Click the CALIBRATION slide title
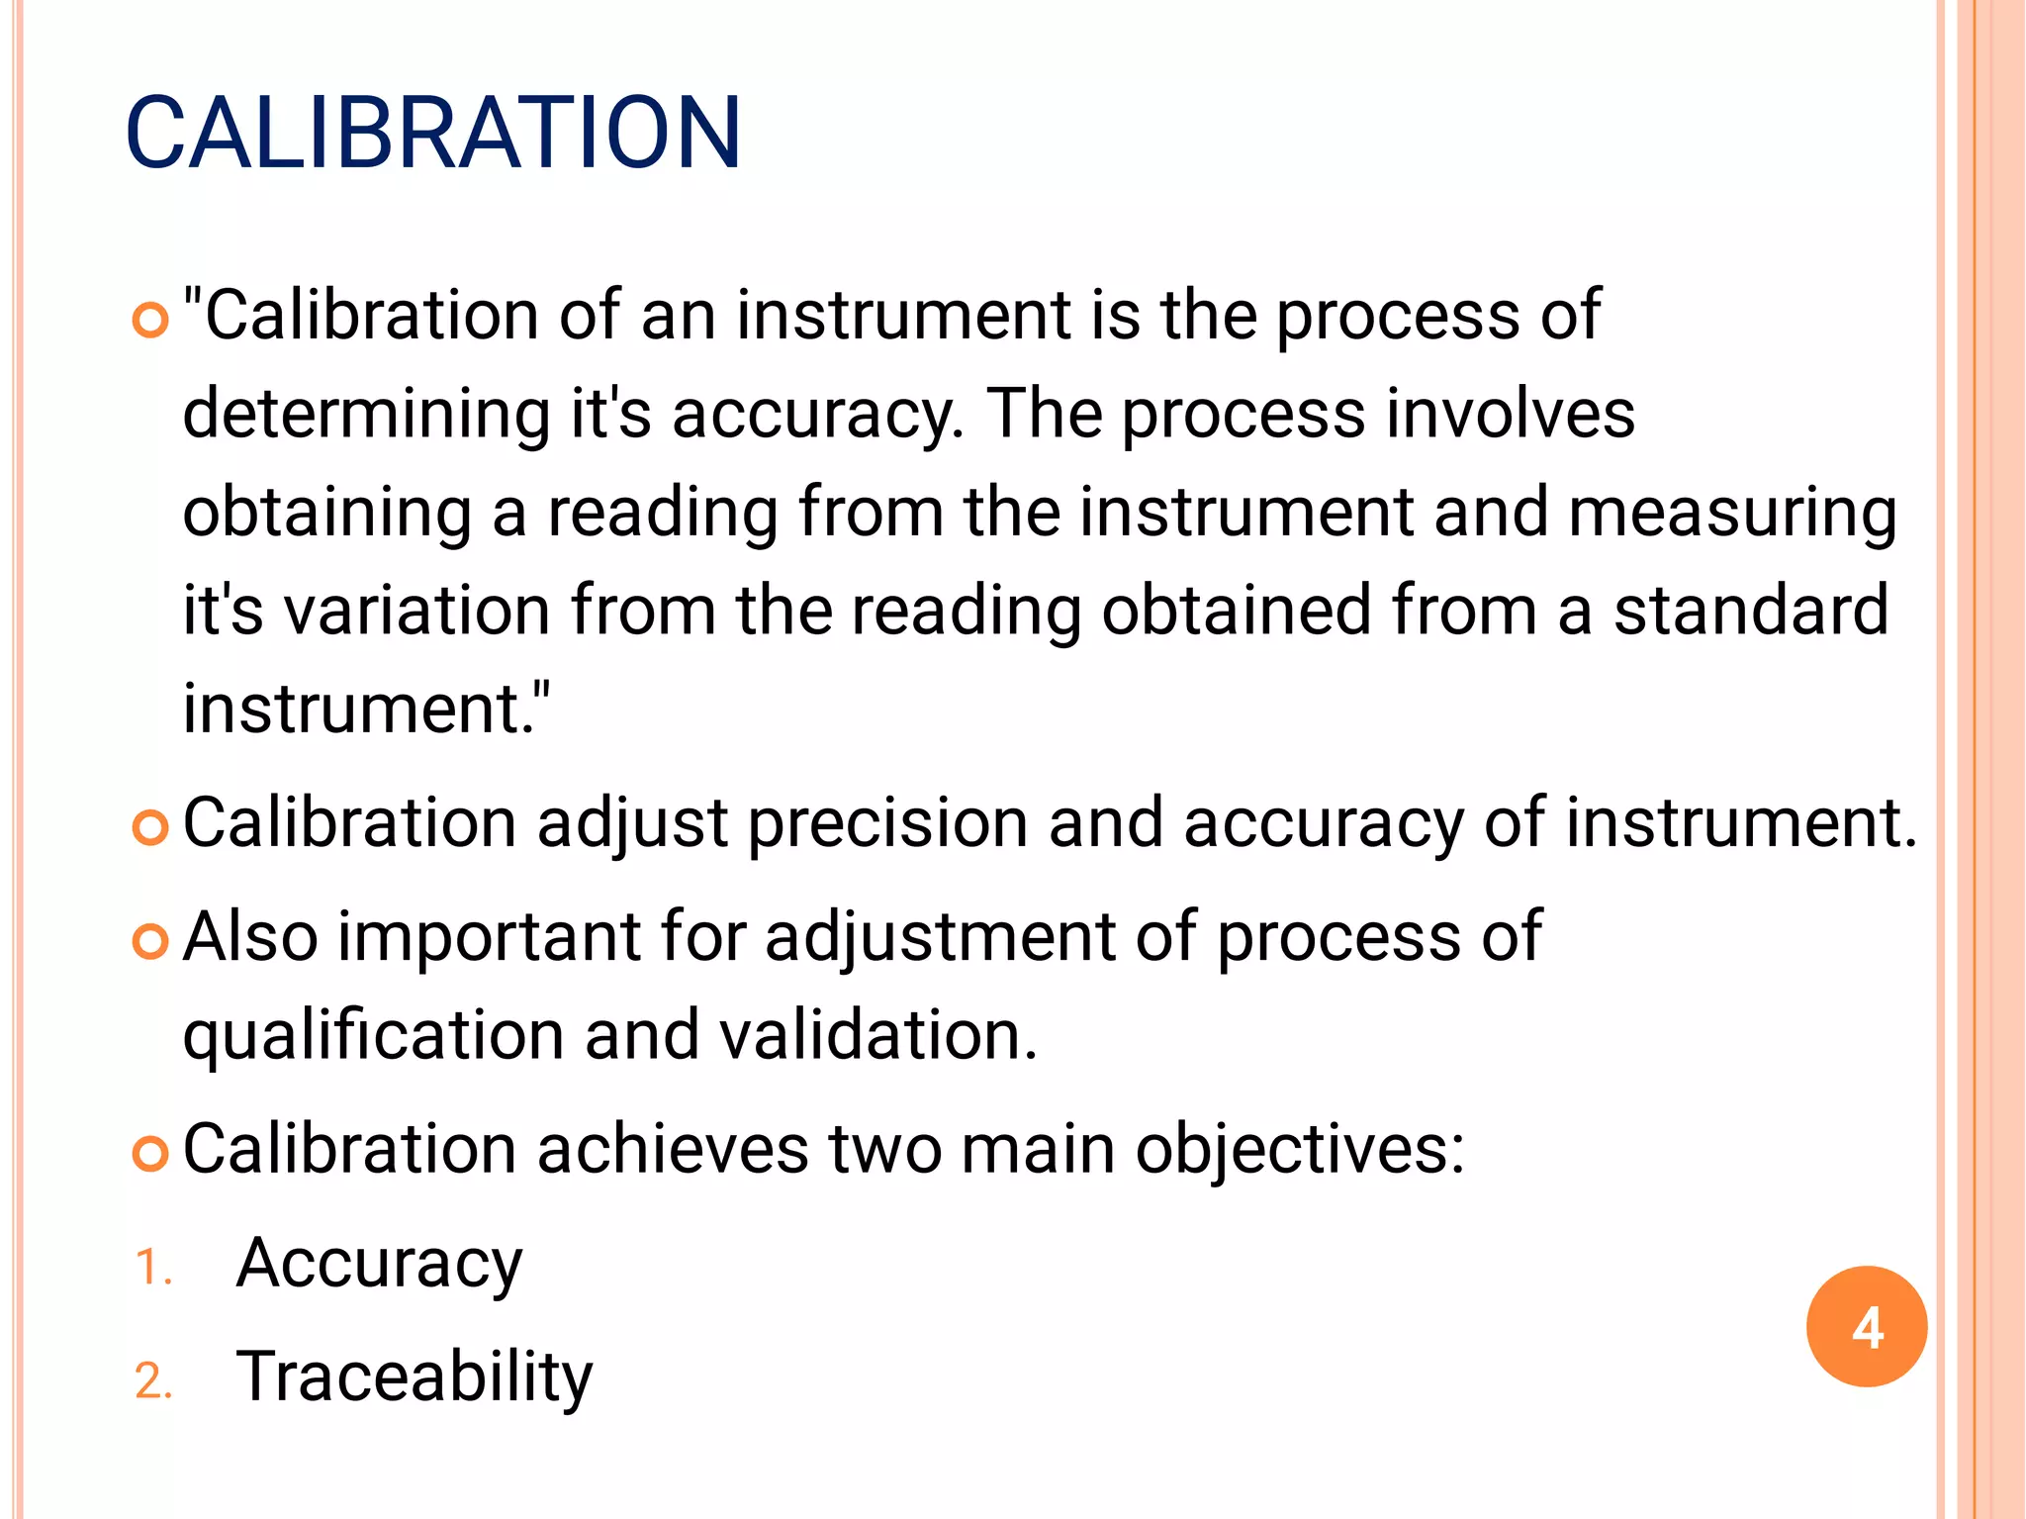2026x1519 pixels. (433, 133)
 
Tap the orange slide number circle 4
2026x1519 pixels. (1866, 1326)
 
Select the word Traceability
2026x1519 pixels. (414, 1377)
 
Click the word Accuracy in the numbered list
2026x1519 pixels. (379, 1264)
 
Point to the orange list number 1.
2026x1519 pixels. (152, 1268)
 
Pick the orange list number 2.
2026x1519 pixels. (153, 1380)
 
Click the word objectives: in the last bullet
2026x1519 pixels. (1299, 1150)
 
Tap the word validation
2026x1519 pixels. (877, 1036)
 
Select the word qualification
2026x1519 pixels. (373, 1036)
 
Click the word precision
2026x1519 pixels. (887, 823)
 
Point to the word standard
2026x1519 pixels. (1751, 611)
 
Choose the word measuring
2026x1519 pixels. (1732, 513)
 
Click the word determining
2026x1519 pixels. (366, 414)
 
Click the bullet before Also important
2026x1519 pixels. (150, 941)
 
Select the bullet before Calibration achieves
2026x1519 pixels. (150, 1154)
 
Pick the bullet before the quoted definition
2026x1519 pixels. (150, 320)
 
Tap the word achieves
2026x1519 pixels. (673, 1150)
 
